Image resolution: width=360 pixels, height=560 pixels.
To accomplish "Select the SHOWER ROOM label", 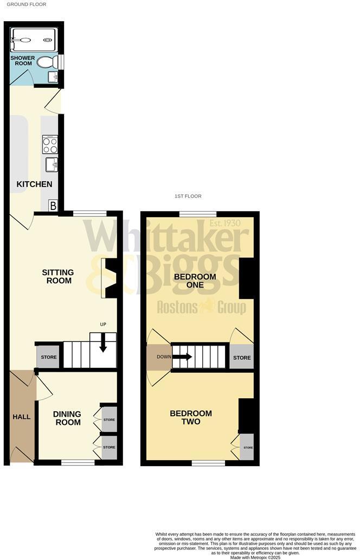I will pyautogui.click(x=23, y=61).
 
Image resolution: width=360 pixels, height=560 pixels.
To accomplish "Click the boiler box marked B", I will pyautogui.click(x=53, y=206).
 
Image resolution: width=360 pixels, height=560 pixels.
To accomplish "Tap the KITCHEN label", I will pyautogui.click(x=34, y=184).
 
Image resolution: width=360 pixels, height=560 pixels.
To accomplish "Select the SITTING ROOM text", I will pyautogui.click(x=57, y=276).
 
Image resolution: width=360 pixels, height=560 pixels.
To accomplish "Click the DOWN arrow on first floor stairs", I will pyautogui.click(x=183, y=357).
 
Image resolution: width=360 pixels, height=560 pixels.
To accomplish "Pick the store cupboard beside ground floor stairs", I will pyautogui.click(x=49, y=357).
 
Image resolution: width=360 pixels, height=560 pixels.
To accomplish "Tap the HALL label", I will pyautogui.click(x=22, y=417).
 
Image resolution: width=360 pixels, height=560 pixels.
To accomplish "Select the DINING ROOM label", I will pyautogui.click(x=67, y=418).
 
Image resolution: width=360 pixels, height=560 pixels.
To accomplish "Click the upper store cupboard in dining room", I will pyautogui.click(x=109, y=420).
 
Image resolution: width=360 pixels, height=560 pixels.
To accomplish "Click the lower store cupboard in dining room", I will pyautogui.click(x=109, y=447).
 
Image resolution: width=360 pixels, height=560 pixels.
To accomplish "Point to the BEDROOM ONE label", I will pyautogui.click(x=195, y=281).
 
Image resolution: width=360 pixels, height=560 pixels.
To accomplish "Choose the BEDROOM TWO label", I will pyautogui.click(x=191, y=417).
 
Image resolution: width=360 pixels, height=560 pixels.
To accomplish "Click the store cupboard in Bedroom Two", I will pyautogui.click(x=247, y=448).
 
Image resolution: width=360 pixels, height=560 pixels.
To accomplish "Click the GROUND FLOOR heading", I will pyautogui.click(x=27, y=4).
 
